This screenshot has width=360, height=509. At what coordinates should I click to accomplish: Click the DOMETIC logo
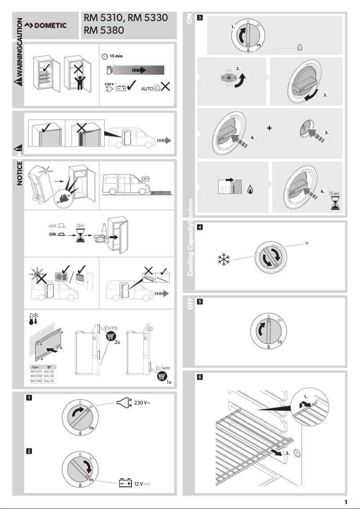coord(45,25)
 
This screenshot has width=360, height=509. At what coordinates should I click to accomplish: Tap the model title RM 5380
coord(104,30)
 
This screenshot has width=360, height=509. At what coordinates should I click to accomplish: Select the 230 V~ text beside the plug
coord(142,403)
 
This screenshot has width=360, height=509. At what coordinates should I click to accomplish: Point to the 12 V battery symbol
coord(125,483)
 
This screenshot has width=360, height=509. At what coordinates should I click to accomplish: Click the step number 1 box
coord(29,398)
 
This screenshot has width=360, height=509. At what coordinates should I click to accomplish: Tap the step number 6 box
coord(200,377)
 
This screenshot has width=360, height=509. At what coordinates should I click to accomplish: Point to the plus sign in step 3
coord(269,128)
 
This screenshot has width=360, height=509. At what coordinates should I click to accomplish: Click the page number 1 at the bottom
coord(346,502)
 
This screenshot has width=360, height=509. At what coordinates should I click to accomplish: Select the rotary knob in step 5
coord(268,331)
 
